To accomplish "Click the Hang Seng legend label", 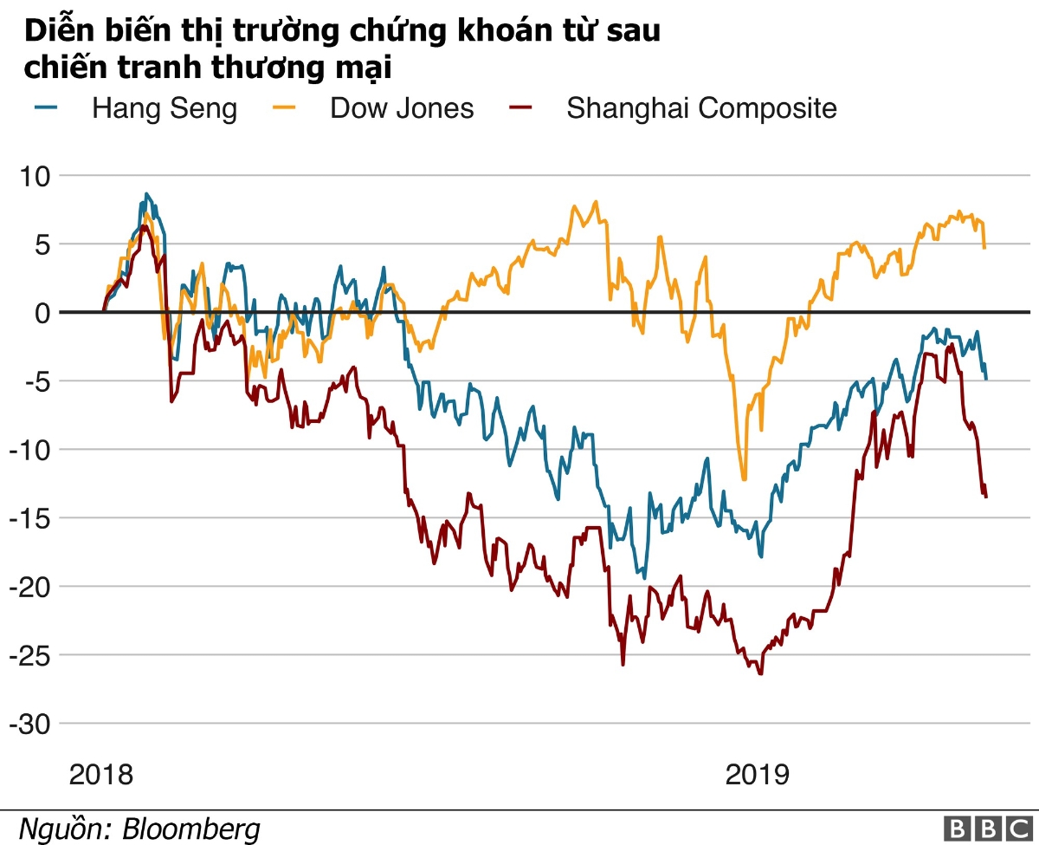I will click(x=165, y=108).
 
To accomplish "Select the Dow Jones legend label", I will click(x=402, y=108).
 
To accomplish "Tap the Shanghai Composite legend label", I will click(x=701, y=108).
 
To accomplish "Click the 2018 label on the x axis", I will click(x=102, y=774).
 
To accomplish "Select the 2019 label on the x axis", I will click(x=758, y=774).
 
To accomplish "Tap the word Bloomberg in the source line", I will click(x=191, y=829).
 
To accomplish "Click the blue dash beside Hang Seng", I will click(x=46, y=107).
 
